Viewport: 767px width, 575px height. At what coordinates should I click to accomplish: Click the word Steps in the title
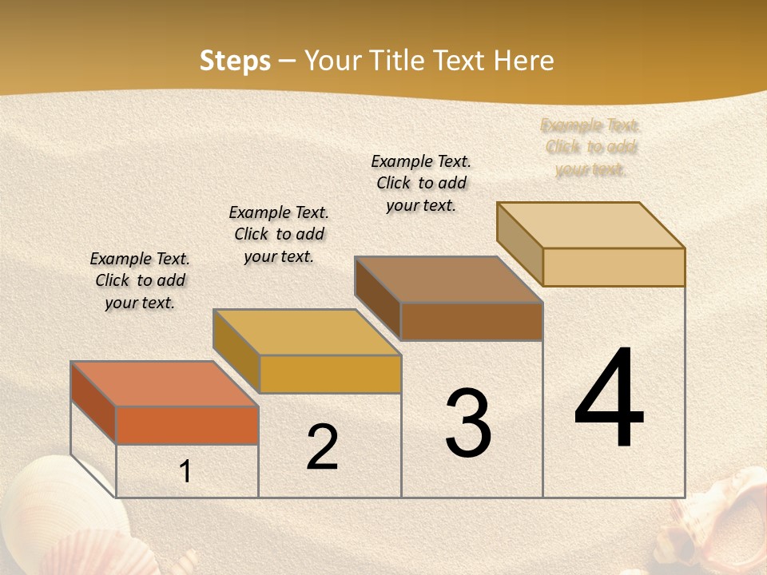pos(235,61)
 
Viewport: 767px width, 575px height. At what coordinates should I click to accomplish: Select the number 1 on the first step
pos(185,472)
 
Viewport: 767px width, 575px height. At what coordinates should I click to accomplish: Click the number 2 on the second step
pos(322,448)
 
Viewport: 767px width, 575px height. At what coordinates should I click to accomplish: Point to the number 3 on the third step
pos(467,423)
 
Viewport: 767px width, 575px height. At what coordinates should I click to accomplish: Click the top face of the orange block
pos(164,384)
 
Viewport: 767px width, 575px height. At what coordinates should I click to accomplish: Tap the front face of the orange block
pos(187,425)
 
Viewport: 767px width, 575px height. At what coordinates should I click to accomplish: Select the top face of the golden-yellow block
pos(307,332)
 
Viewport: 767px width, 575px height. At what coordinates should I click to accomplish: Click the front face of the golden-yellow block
pos(330,374)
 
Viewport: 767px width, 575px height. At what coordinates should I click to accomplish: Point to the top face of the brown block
pos(449,280)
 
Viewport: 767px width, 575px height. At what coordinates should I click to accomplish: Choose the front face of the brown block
pos(471,321)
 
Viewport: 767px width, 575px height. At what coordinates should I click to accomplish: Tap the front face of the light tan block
pos(614,267)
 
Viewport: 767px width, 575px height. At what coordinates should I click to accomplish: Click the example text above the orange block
pos(140,280)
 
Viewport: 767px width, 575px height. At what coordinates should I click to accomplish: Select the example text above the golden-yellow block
pos(279,234)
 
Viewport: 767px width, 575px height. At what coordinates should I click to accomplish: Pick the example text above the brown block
pos(421,183)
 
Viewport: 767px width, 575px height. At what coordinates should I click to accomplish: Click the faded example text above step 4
pos(590,147)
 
